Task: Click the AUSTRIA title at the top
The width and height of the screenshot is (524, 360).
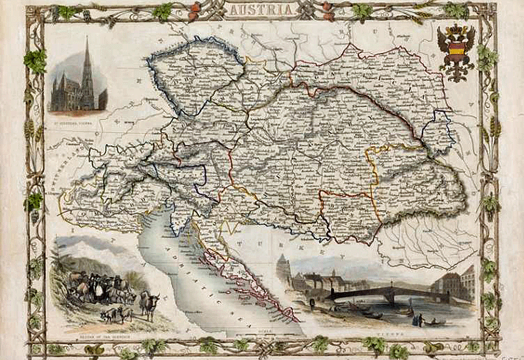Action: [261, 9]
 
